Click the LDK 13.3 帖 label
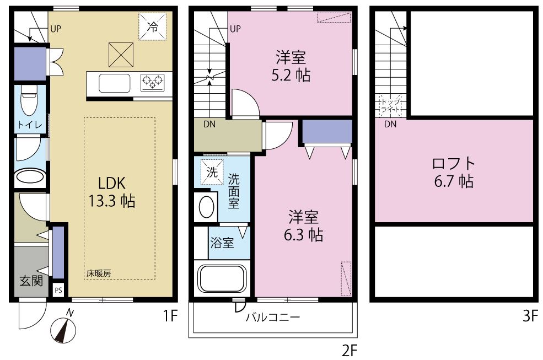tap(112, 191)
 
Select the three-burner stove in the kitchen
tap(153, 83)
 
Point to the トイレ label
tap(29, 125)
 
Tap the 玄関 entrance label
tap(31, 281)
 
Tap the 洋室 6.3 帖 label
tap(302, 226)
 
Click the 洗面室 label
tap(234, 190)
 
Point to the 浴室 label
tap(223, 243)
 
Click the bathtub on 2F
tap(222, 278)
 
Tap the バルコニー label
tap(272, 318)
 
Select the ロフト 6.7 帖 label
tap(453, 171)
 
